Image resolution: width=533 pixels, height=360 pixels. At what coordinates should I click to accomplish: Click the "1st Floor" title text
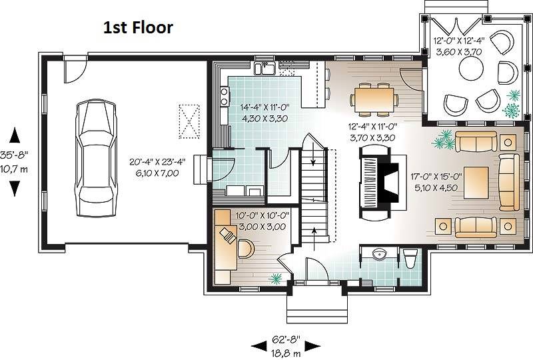pyautogui.click(x=138, y=27)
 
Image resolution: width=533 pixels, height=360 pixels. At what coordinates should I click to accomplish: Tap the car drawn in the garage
pyautogui.click(x=95, y=157)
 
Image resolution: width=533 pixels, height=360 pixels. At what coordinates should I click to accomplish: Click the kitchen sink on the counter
pyautogui.click(x=265, y=68)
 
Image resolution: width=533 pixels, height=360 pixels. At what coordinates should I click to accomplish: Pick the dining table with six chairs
pyautogui.click(x=374, y=99)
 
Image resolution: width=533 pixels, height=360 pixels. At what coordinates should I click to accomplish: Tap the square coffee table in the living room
pyautogui.click(x=476, y=182)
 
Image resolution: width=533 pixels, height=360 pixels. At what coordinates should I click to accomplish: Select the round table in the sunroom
pyautogui.click(x=471, y=68)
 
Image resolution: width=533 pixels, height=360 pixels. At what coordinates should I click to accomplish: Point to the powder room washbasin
pyautogui.click(x=379, y=254)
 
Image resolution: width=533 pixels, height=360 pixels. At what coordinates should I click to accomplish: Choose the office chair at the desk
pyautogui.click(x=245, y=249)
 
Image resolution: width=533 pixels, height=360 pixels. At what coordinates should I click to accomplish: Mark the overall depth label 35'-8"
pyautogui.click(x=13, y=155)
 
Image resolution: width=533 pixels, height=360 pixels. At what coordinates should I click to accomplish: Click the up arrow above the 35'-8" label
pyautogui.click(x=15, y=135)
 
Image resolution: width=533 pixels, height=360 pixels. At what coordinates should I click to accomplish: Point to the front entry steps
pyautogui.click(x=317, y=309)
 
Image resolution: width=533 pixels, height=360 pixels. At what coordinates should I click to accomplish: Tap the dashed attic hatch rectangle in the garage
pyautogui.click(x=189, y=121)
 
